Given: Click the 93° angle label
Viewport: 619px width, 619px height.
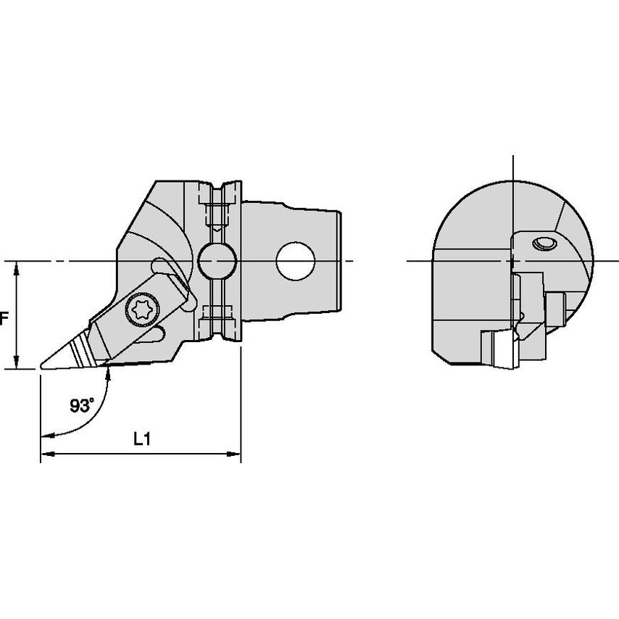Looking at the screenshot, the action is (x=82, y=405).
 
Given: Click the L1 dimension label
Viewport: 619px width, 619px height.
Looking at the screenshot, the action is (x=142, y=439).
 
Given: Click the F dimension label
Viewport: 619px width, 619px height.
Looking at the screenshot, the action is (x=4, y=318).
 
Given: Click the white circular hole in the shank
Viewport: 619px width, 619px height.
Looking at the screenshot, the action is (x=296, y=262).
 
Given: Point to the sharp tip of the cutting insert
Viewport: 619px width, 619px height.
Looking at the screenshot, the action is (x=41, y=367).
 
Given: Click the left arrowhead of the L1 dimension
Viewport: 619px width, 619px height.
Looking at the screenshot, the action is (x=47, y=454).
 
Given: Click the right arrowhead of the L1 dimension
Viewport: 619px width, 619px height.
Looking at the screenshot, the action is (x=234, y=454).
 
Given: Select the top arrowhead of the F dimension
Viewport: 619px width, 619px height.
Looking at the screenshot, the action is (x=16, y=268).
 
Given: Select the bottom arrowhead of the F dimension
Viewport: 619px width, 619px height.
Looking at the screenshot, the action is (x=16, y=362).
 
